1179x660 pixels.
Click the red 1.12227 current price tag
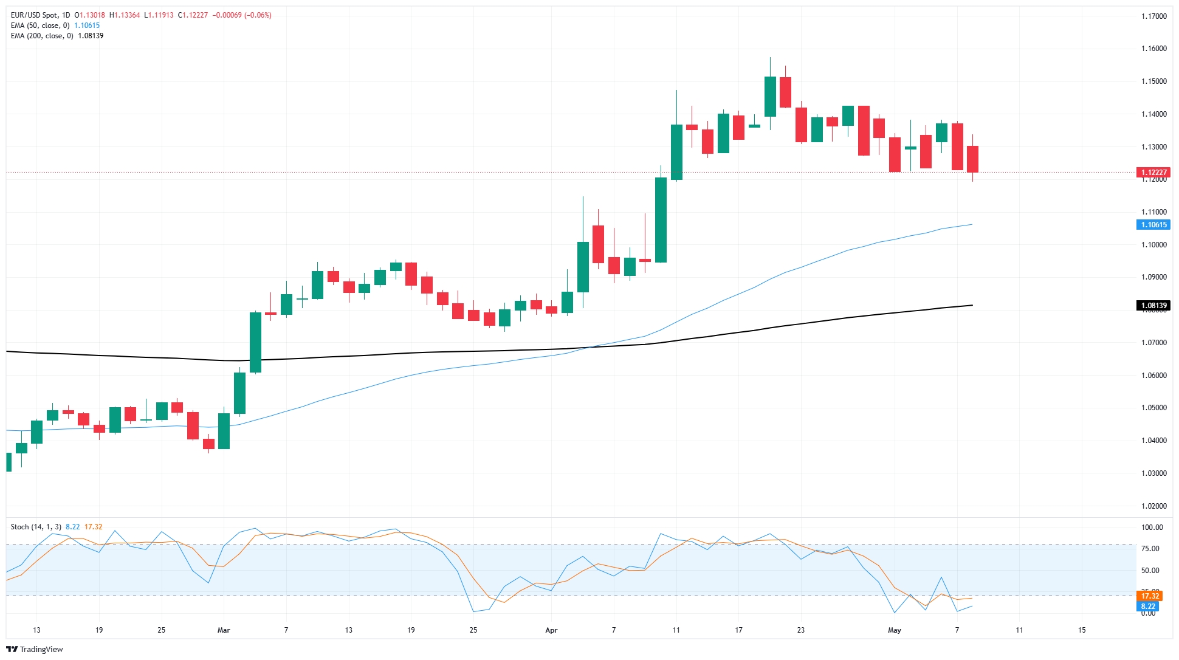(1153, 173)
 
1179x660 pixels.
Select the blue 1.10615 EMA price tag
(1153, 225)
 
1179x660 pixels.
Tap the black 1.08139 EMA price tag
(1153, 306)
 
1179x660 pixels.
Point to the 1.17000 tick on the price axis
(1153, 16)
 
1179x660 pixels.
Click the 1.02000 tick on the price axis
(1153, 506)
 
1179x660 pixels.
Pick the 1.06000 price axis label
(1153, 376)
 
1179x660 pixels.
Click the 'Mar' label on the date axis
(224, 630)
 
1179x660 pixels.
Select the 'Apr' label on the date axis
(551, 630)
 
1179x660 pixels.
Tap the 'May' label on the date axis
(894, 630)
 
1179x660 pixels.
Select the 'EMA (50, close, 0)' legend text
(40, 26)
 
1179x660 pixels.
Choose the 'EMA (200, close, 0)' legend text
(42, 36)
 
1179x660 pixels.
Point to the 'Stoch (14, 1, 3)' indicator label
(36, 527)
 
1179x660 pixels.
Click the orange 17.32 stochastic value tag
(1150, 596)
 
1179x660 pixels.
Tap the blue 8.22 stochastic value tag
(1148, 607)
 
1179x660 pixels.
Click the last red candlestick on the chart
(972, 159)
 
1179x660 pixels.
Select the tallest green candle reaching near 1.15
(676, 152)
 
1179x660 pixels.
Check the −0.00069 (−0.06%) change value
(242, 15)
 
